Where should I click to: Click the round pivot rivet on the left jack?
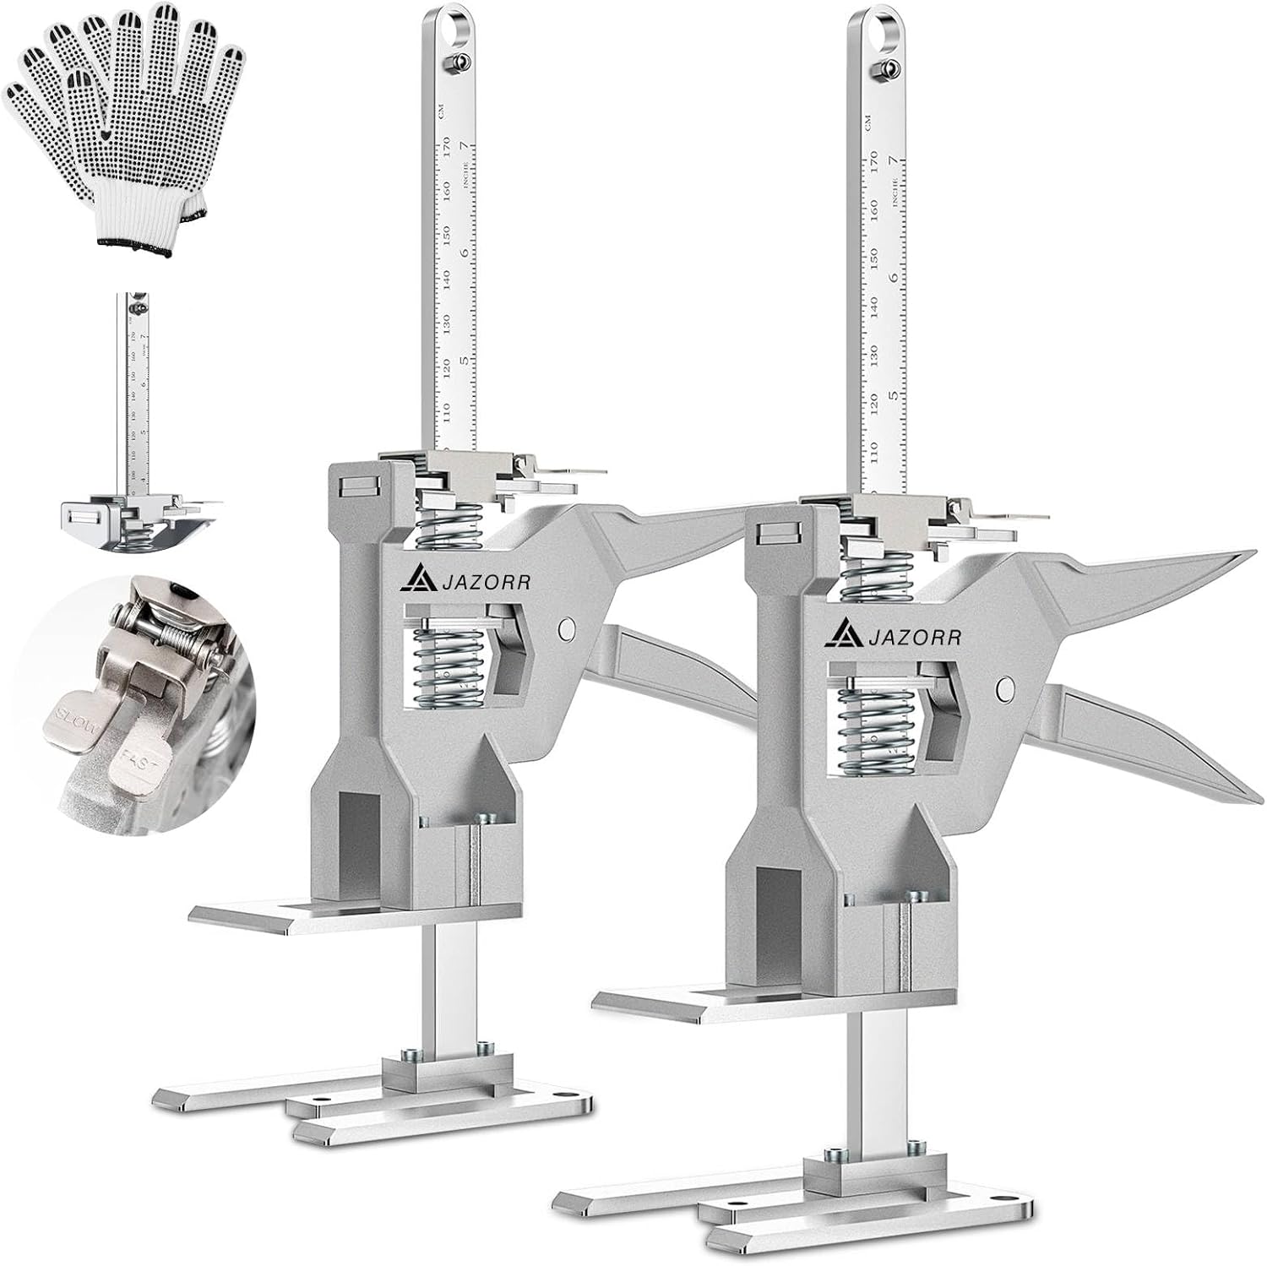pyautogui.click(x=567, y=628)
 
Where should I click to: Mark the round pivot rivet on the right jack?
pyautogui.click(x=1004, y=688)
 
